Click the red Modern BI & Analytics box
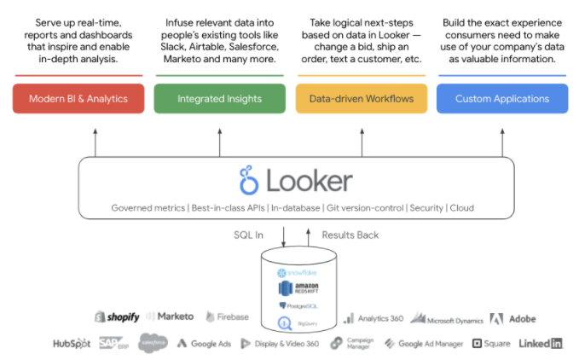[78, 99]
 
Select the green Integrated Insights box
[218, 99]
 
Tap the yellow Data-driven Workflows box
[360, 99]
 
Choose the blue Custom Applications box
[501, 99]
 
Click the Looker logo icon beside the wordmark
[249, 180]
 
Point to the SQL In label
[248, 235]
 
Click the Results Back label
[350, 235]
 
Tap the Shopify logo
[117, 317]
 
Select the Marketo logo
[171, 317]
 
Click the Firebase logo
[227, 317]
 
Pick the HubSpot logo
[72, 343]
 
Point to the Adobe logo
[513, 318]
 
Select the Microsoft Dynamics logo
[447, 318]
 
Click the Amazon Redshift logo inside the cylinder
[298, 289]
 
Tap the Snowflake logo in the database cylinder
[296, 273]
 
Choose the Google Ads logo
[204, 343]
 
